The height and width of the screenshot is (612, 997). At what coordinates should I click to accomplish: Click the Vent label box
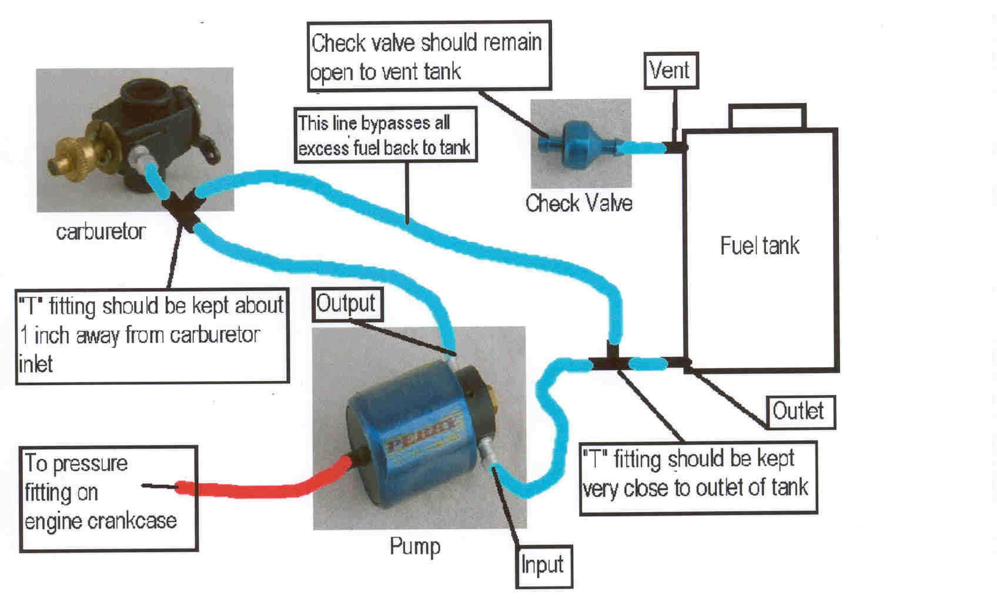pyautogui.click(x=670, y=71)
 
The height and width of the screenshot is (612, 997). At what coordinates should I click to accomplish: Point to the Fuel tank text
pyautogui.click(x=760, y=246)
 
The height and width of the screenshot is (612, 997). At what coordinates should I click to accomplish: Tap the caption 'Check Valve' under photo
pyautogui.click(x=579, y=203)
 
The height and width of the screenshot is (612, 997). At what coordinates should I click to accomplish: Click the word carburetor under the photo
pyautogui.click(x=101, y=231)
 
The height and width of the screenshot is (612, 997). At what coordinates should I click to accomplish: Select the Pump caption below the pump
pyautogui.click(x=414, y=546)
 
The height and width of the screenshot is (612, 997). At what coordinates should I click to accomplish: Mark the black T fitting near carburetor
pyautogui.click(x=183, y=210)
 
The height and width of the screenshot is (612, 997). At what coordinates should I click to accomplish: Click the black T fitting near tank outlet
pyautogui.click(x=611, y=361)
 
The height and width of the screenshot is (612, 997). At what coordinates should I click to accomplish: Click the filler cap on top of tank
pyautogui.click(x=767, y=116)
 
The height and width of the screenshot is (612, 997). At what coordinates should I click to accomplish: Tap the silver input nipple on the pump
pyautogui.click(x=487, y=454)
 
